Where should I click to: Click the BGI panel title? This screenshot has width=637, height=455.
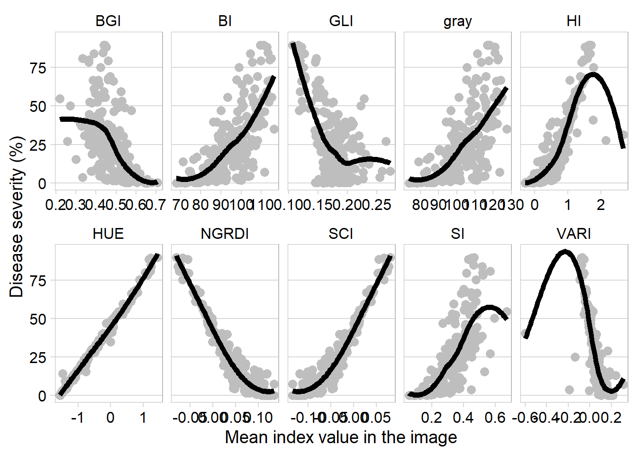pos(108,21)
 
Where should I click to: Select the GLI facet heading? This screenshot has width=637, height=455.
pos(341,21)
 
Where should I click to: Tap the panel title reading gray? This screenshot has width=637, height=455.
pos(457,21)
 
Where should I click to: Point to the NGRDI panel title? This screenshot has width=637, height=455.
pos(225,234)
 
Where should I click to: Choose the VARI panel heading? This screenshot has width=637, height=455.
pos(573,234)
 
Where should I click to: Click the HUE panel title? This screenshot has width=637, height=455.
pos(108,234)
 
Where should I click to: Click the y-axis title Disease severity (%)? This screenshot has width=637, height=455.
pos(17,217)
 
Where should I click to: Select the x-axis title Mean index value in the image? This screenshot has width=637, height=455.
pos(341,437)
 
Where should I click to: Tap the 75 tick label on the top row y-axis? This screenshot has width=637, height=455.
pos(38,68)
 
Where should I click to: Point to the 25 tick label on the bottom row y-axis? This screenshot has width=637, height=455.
pos(38,357)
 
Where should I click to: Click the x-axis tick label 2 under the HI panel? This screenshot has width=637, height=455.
pos(601,205)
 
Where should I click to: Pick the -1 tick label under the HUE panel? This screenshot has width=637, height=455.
pos(77,418)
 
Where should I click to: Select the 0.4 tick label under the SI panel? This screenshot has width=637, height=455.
pos(463,418)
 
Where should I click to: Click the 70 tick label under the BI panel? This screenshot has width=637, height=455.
pos(180,205)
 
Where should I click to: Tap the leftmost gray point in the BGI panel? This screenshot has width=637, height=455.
pos(60,99)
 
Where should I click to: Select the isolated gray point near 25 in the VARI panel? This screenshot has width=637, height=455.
pos(575,357)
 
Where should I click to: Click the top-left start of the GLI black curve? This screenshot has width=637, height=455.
pos(293,44)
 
